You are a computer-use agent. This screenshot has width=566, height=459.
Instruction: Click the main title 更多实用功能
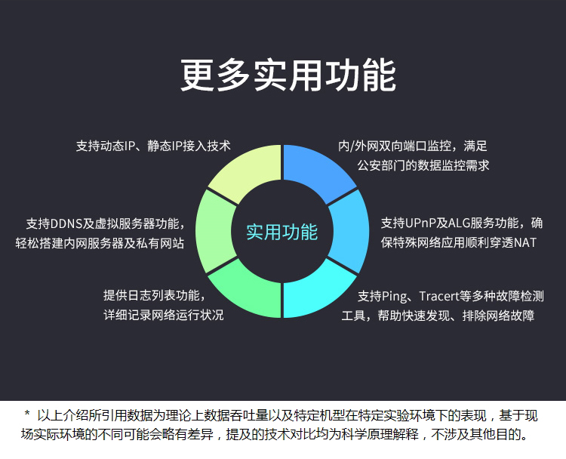288,75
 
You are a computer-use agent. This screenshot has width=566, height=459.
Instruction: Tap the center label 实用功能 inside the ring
282,232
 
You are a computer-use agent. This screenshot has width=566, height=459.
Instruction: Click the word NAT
525,242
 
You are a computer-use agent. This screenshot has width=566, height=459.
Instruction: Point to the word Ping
394,297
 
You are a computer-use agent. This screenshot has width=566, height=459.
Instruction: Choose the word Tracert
439,297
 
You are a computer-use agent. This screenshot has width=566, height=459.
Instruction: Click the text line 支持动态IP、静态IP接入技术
153,146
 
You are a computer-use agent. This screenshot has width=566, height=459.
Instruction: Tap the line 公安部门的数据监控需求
423,165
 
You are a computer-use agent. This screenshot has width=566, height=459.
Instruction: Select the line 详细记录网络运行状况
164,315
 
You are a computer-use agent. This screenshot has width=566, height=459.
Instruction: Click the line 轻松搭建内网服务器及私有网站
100,243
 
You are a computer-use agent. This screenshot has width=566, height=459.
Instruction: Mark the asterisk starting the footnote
26,413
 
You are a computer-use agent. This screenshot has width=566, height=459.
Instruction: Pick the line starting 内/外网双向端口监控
413,146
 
